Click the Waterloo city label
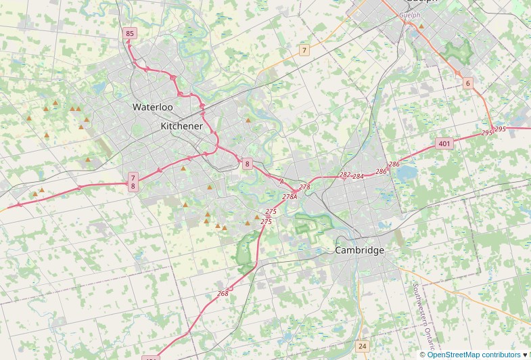[x=152, y=107]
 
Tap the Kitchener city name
[x=181, y=127]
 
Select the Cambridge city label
[x=359, y=250]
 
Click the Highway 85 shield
[x=130, y=33]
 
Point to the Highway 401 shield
[x=444, y=143]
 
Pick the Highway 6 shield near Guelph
[x=467, y=83]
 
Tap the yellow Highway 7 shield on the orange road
[x=304, y=50]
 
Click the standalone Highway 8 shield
[x=248, y=164]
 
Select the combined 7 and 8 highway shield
[x=133, y=181]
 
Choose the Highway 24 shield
[x=363, y=346]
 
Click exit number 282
[x=345, y=175]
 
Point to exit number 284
[x=358, y=177]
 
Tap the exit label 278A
[x=290, y=196]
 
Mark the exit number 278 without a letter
[x=304, y=187]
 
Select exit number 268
[x=223, y=293]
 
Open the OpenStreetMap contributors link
[x=474, y=355]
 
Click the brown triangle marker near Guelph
[x=421, y=26]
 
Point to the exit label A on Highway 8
[x=281, y=181]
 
